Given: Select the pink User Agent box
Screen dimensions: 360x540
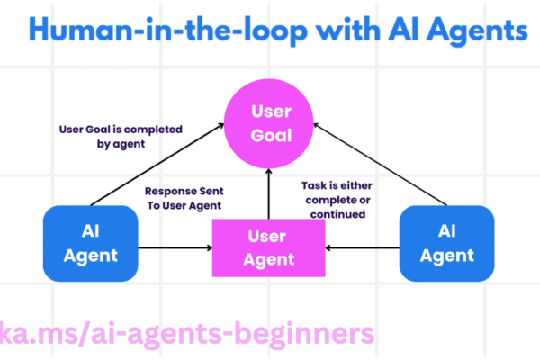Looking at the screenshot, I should [x=267, y=247].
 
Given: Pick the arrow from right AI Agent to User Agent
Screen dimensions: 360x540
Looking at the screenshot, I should [x=361, y=247].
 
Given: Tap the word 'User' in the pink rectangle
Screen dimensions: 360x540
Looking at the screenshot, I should [x=267, y=237].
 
